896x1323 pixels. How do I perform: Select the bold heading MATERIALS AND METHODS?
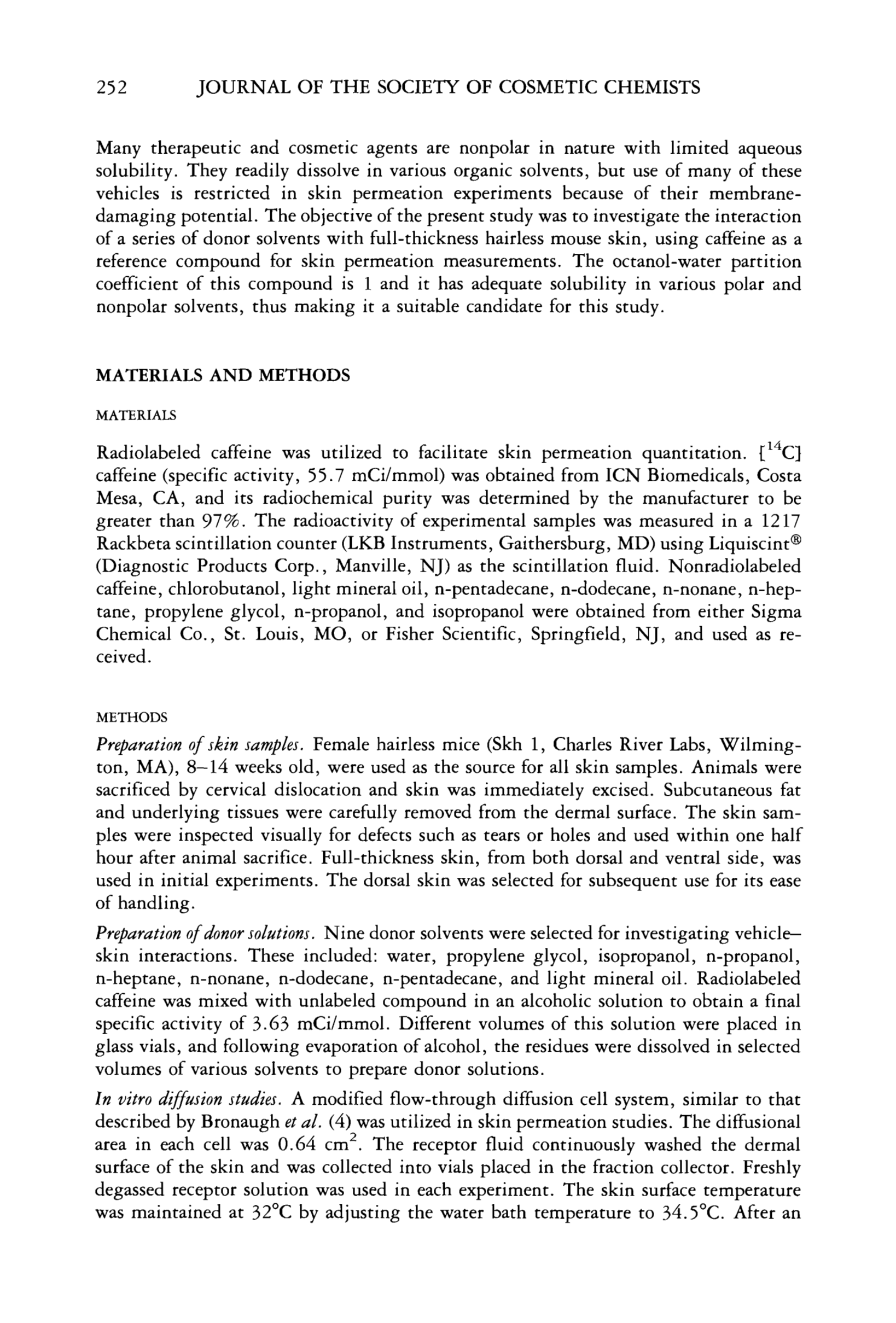tap(223, 376)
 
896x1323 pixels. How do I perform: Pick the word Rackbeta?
tap(133, 544)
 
